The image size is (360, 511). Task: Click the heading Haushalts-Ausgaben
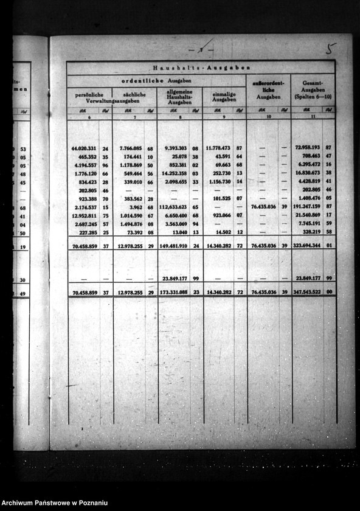point(201,68)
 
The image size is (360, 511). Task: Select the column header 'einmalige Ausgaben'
point(224,97)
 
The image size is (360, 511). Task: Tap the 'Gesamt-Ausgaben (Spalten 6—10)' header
point(312,89)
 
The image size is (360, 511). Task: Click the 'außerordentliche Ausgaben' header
point(268,89)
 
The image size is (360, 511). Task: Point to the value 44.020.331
point(85,148)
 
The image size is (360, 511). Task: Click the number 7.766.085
point(131,148)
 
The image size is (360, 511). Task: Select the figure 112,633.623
point(173,207)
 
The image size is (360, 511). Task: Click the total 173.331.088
point(173,293)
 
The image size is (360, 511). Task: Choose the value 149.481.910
point(173,246)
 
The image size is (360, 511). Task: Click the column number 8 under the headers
point(179,117)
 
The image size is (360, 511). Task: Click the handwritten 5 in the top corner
point(331,49)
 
